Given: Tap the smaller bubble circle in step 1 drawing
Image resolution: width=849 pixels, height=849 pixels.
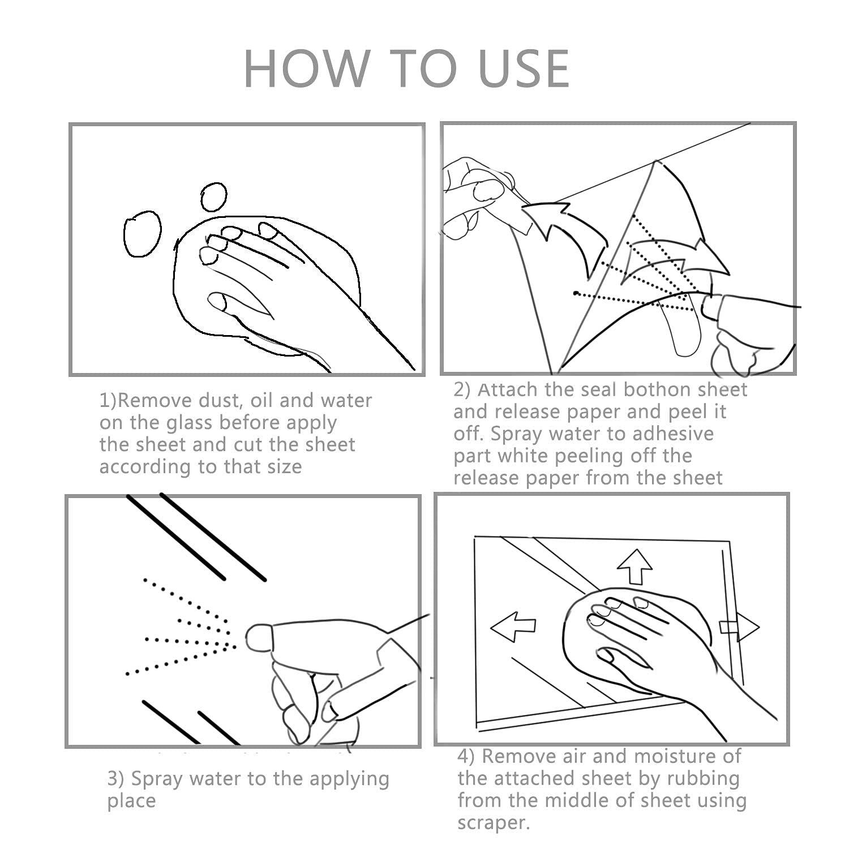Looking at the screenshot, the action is [214, 196].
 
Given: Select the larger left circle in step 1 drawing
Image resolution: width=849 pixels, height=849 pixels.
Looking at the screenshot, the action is [142, 234].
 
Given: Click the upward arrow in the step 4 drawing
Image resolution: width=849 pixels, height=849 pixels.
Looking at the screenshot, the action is [635, 566].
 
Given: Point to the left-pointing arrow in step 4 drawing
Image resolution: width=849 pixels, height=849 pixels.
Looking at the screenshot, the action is [513, 627].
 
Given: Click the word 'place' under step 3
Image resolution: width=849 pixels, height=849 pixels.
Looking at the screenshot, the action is [131, 802].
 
